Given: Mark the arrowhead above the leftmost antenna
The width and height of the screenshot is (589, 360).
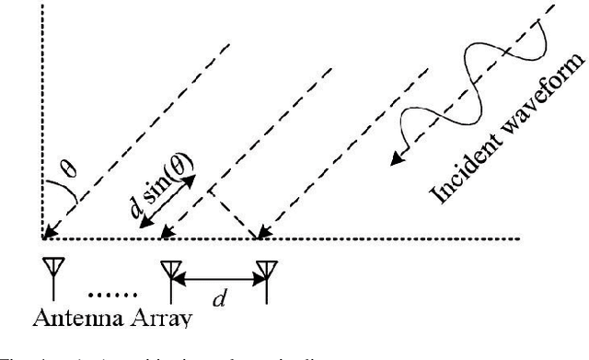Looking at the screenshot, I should point(47,234).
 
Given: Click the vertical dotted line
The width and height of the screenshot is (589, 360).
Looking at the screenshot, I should point(42,120).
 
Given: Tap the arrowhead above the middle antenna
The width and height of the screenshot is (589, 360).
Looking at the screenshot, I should point(166,234).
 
